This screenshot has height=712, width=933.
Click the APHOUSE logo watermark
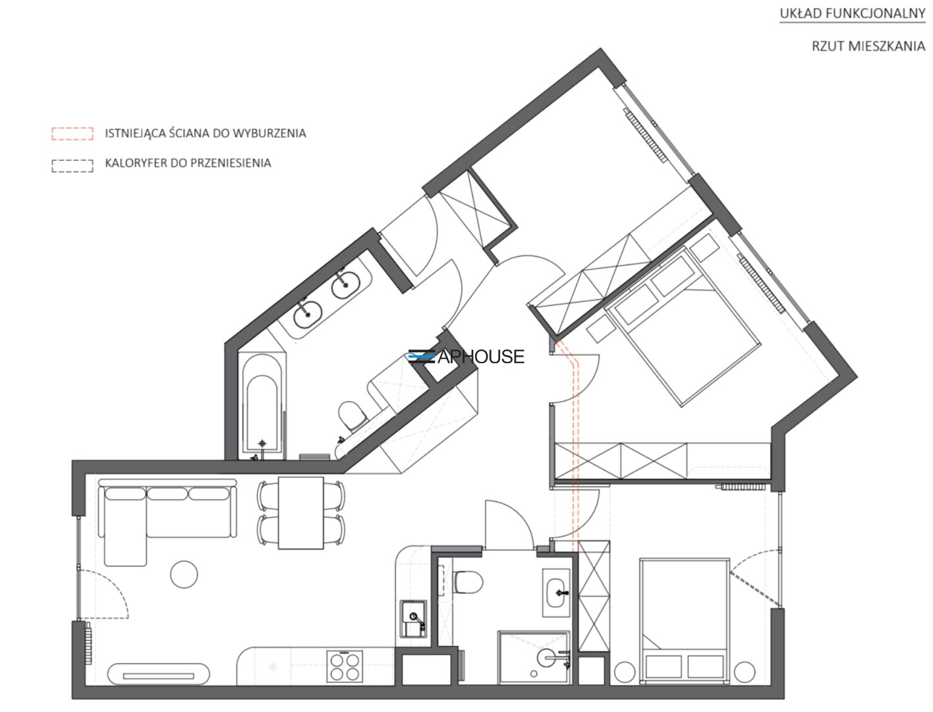tap(466, 357)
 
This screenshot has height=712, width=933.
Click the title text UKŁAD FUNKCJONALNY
tap(852, 14)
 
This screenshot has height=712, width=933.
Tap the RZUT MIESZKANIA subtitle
tap(868, 46)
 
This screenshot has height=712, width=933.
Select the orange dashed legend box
tap(72, 134)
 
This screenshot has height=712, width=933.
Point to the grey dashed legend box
tap(72, 166)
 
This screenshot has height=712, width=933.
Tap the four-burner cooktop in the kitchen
tap(345, 666)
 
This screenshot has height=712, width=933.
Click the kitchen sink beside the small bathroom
tap(412, 618)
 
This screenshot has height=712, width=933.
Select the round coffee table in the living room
tap(184, 574)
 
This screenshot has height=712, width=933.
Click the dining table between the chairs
tap(300, 513)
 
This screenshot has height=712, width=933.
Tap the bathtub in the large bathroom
tap(262, 407)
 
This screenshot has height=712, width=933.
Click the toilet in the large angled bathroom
tap(352, 415)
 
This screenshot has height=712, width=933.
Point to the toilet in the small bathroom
tap(468, 581)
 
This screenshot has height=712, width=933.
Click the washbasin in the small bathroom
tap(556, 593)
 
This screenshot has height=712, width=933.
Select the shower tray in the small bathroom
tap(534, 657)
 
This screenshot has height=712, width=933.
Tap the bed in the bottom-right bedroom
tap(685, 621)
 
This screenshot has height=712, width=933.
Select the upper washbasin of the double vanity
tap(345, 283)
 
